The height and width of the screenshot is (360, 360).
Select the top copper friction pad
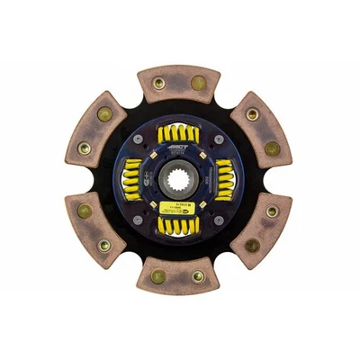pyautogui.click(x=178, y=83)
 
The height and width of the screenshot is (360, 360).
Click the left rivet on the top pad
pyautogui.click(x=158, y=83)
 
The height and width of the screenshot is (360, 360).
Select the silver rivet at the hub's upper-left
pyautogui.click(x=143, y=140)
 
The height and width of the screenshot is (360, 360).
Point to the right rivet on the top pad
pyautogui.click(x=198, y=83)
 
